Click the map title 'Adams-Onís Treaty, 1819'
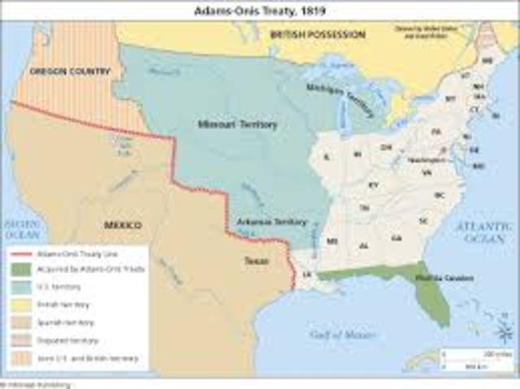(x=258, y=12)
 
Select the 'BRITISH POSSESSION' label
(x=318, y=35)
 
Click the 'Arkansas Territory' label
(x=259, y=222)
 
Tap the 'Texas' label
(x=255, y=261)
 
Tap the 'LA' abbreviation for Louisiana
(x=306, y=275)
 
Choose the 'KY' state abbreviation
(x=373, y=185)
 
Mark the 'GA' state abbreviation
(x=396, y=238)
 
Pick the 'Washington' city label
(x=427, y=161)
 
